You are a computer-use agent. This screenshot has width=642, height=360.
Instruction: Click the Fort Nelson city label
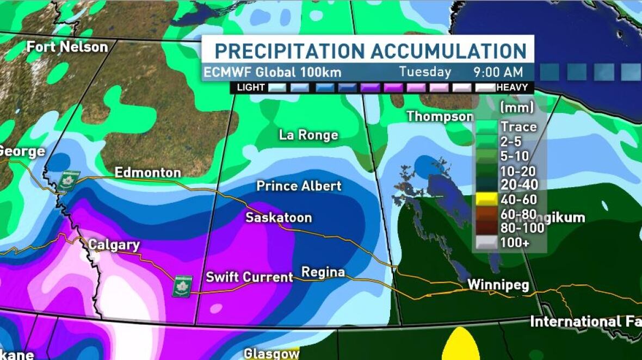tap(67, 47)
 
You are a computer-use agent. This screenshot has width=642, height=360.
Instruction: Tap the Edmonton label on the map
tap(147, 173)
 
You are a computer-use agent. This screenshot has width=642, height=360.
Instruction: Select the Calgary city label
tap(114, 245)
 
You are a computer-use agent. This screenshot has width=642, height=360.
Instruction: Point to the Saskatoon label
tap(279, 218)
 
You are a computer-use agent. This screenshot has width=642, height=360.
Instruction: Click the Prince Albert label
tap(299, 186)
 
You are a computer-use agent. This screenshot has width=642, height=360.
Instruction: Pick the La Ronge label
tap(308, 135)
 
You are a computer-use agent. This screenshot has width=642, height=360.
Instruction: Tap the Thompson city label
tap(440, 116)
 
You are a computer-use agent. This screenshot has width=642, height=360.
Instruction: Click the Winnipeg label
tap(498, 285)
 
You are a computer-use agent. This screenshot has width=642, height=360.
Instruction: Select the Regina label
tap(323, 272)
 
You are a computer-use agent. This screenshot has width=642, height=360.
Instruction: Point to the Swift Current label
tap(249, 277)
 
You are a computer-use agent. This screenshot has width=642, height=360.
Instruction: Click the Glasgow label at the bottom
tap(271, 353)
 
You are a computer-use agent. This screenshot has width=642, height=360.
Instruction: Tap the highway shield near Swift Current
tap(182, 286)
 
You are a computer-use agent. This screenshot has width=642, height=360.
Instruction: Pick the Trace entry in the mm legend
tap(518, 127)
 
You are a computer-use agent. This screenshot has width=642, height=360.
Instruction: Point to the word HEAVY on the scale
tap(512, 88)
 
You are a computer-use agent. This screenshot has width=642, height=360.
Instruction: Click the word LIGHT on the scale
tap(251, 88)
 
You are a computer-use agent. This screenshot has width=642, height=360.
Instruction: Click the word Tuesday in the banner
tap(425, 72)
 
